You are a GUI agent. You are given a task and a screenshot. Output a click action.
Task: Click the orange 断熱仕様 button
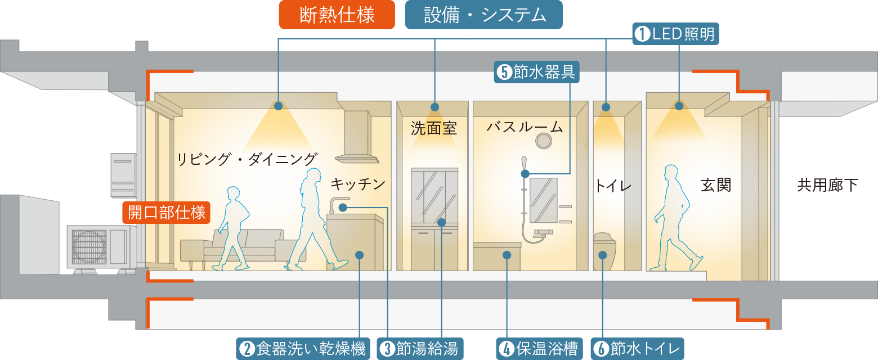337,15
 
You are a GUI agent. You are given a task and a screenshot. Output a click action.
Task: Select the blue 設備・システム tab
483,15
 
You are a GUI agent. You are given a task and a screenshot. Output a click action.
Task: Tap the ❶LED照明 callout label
675,34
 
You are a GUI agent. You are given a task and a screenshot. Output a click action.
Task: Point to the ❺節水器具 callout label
536,72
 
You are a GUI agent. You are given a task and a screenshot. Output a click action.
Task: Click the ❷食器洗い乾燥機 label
303,349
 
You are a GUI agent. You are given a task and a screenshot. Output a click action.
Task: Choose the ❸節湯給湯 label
420,349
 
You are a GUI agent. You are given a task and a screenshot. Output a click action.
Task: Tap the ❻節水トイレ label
637,349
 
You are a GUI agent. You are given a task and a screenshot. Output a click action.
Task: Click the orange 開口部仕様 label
167,213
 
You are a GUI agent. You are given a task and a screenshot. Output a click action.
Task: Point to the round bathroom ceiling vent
544,142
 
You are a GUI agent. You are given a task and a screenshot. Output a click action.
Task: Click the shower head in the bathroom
525,163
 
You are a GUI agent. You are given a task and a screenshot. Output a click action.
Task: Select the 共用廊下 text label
827,185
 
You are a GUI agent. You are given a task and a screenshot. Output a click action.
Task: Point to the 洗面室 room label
433,129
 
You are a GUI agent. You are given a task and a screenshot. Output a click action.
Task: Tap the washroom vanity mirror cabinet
434,194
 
